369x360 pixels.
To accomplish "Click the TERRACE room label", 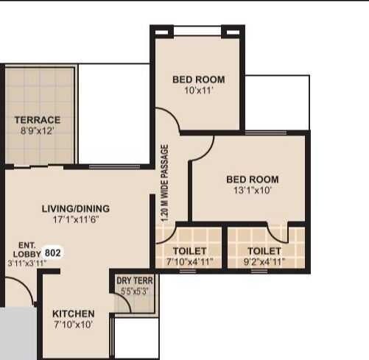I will click(x=38, y=120).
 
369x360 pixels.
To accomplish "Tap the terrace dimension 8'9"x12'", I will click(x=38, y=130).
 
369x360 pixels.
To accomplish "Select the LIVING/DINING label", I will click(x=76, y=208).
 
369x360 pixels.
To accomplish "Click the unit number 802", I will click(x=53, y=253).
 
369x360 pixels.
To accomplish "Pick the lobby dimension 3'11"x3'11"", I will click(x=27, y=263).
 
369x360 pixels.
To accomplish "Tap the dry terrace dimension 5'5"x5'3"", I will click(x=135, y=292).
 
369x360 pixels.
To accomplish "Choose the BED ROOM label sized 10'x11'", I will click(x=199, y=80).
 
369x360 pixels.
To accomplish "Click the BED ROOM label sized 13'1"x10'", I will click(x=253, y=180).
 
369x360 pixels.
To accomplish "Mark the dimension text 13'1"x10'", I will click(x=253, y=190).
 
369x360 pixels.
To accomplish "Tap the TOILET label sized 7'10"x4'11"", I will click(x=189, y=251).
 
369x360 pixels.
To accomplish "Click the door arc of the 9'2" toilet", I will click(x=278, y=233).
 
